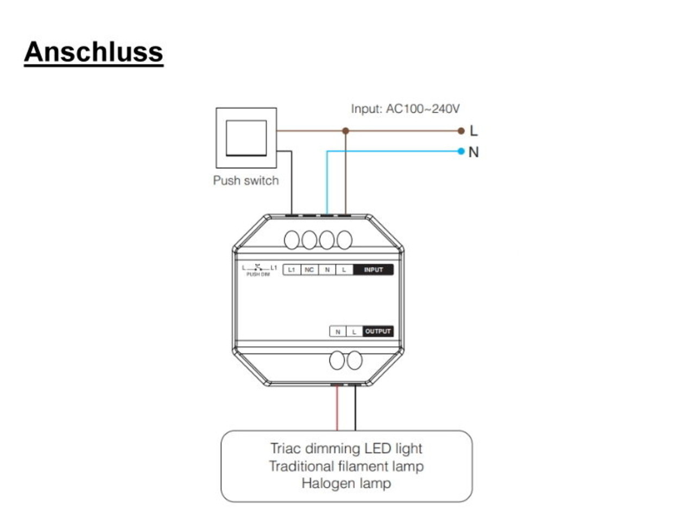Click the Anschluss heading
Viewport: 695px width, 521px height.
pos(93,53)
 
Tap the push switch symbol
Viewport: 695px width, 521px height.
pos(246,138)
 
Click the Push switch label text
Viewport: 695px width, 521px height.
pos(245,180)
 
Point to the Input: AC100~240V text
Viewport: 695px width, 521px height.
pos(405,109)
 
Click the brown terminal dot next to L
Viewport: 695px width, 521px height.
pos(461,131)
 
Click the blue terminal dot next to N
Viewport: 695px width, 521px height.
pos(461,151)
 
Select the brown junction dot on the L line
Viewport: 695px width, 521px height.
pos(345,131)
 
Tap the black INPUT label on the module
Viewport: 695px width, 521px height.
pos(373,270)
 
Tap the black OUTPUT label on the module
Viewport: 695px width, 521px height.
pos(377,331)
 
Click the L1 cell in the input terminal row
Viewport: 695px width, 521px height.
pos(292,270)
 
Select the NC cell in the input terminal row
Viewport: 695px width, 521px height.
pos(309,270)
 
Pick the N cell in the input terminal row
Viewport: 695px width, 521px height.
pos(327,270)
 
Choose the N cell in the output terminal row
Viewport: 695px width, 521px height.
pos(338,332)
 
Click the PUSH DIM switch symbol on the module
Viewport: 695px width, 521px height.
pos(259,270)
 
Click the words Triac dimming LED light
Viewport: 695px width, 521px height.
pos(346,448)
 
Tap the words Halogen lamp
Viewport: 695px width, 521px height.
pos(346,483)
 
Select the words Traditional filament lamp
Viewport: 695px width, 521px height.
pos(346,466)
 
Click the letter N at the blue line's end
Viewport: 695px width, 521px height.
pos(473,152)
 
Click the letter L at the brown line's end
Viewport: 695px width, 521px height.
pos(473,131)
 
